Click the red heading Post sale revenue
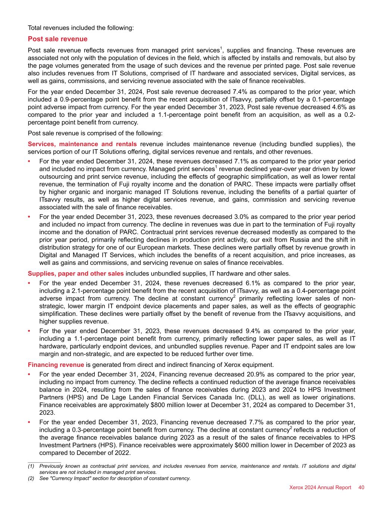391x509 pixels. pyautogui.click(x=57, y=39)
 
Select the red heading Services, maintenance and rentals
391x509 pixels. pyautogui.click(x=82, y=144)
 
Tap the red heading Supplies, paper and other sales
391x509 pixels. pyautogui.click(x=76, y=274)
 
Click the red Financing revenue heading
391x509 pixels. pyautogui.click(x=56, y=365)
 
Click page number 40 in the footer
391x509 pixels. pyautogui.click(x=361, y=487)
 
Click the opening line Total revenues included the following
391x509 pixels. pyautogui.click(x=81, y=28)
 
